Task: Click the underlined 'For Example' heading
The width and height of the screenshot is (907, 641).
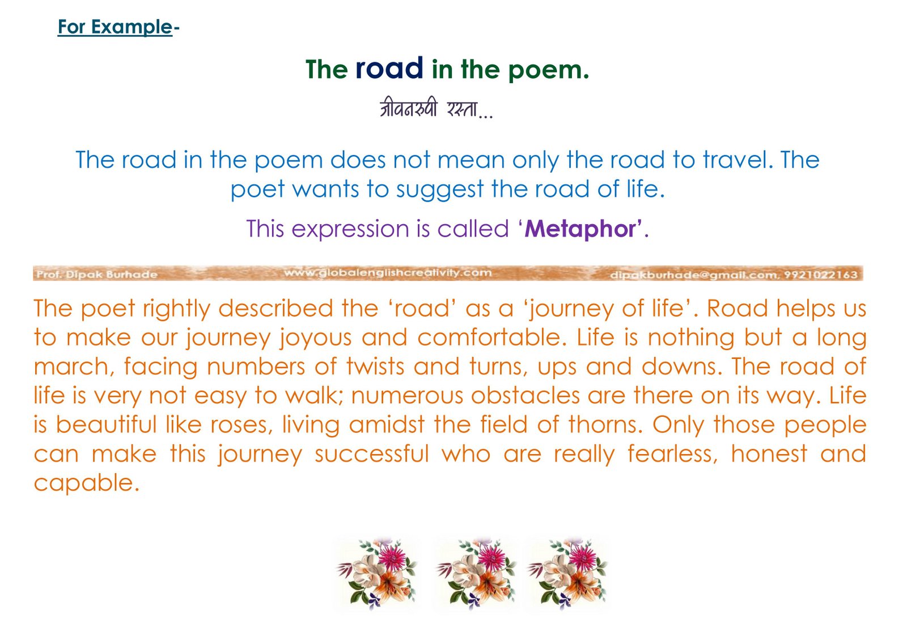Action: [x=116, y=27]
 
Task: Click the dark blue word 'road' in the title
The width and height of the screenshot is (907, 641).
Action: [x=389, y=68]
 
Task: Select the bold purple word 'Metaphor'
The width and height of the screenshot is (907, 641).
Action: [x=580, y=229]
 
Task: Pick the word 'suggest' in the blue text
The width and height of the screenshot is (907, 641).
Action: [x=440, y=190]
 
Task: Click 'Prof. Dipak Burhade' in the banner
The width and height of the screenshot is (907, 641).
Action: [x=97, y=275]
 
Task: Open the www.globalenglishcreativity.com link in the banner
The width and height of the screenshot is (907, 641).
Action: [x=388, y=273]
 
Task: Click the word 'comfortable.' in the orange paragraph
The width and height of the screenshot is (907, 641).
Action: [x=493, y=337]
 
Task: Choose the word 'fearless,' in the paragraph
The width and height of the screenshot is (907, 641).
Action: [x=672, y=454]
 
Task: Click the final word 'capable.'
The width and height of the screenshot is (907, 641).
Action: [x=87, y=483]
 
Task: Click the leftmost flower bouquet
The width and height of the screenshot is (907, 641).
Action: [x=376, y=574]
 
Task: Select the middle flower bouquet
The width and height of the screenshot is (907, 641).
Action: [x=476, y=574]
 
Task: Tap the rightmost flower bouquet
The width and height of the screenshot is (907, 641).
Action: [x=567, y=574]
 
